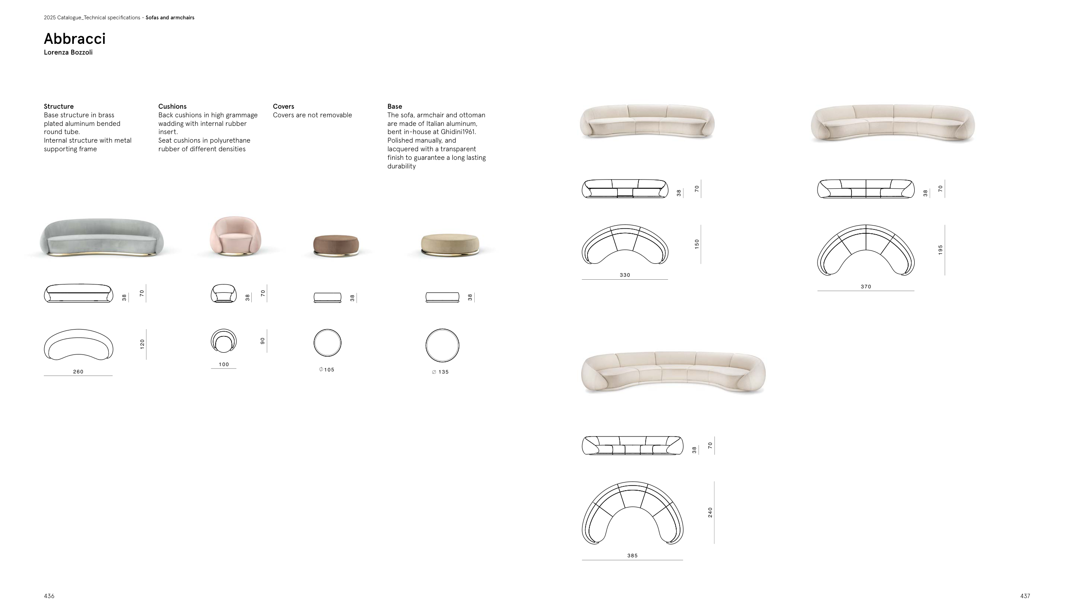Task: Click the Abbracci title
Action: point(75,39)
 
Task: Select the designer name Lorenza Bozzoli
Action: point(68,52)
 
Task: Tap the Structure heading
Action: point(59,107)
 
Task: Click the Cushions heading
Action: point(172,107)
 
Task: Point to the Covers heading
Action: point(284,107)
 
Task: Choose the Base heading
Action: point(395,107)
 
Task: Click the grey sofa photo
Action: point(102,238)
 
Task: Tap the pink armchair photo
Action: point(229,236)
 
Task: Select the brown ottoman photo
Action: point(336,245)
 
